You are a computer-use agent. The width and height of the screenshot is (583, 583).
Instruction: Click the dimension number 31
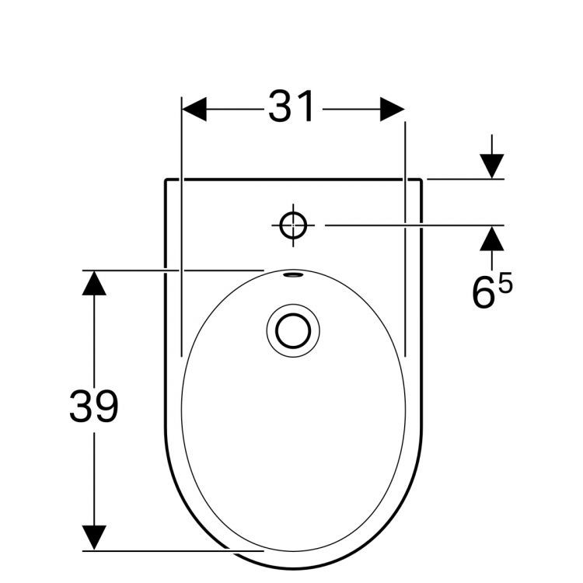[x=291, y=106]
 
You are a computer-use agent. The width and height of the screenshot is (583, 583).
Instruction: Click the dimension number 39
[x=94, y=406]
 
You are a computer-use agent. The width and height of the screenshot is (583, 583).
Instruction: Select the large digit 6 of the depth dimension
[x=484, y=292]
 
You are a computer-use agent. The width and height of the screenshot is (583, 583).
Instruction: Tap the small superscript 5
[x=505, y=282]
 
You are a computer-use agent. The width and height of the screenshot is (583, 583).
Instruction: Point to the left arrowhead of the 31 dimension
[x=194, y=110]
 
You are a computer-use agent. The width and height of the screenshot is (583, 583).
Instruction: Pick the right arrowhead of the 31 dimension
[x=393, y=110]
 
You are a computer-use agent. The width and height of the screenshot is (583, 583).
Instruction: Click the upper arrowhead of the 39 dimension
[x=94, y=283]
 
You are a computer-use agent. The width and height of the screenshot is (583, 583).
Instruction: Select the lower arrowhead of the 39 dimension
[x=94, y=537]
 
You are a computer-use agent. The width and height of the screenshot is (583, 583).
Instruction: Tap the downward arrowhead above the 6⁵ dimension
[x=491, y=166]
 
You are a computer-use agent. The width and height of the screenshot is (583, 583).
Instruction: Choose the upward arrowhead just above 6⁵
[x=491, y=239]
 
